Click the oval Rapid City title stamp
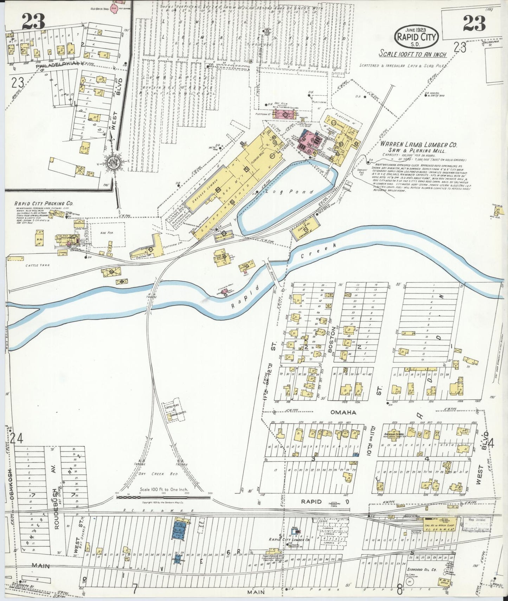coord(417,36)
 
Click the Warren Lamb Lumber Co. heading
coord(418,145)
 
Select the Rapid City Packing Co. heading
coord(44,203)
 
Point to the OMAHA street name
coord(343,412)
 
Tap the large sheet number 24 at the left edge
coord(17,439)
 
